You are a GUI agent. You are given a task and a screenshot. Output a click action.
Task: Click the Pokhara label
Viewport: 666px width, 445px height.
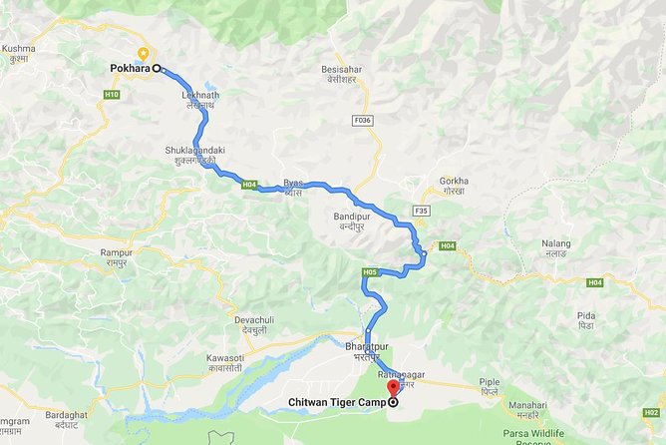(x=129, y=68)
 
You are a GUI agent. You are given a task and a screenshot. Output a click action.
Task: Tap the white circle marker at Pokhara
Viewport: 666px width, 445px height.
(x=157, y=68)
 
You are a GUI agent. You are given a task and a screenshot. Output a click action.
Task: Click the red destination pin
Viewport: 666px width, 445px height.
(x=392, y=388)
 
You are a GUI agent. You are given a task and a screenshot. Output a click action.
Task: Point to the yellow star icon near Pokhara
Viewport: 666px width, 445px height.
(x=145, y=52)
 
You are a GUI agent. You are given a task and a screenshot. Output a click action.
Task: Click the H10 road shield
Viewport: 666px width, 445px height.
(x=111, y=95)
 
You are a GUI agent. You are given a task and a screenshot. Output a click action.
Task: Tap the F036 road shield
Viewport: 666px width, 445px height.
(x=362, y=120)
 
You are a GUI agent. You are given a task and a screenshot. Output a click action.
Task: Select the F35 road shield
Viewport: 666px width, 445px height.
(x=422, y=211)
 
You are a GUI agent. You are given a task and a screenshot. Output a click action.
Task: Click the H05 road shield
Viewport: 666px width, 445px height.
(x=370, y=271)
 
